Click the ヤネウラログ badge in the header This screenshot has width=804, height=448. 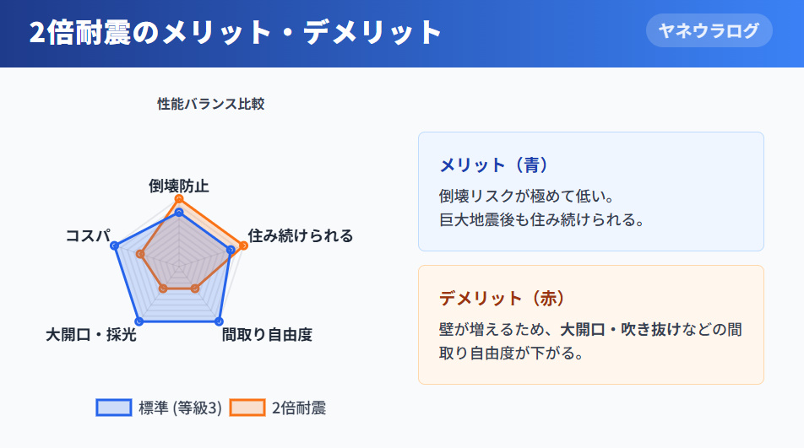709,31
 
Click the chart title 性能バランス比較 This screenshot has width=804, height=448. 210,104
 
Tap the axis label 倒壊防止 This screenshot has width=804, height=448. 178,186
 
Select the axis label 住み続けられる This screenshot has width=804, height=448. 300,235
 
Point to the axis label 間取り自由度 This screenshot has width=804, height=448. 267,335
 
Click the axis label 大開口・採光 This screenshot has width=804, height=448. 91,335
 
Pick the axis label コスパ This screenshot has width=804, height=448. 88,235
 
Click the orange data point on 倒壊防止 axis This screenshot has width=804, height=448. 178,198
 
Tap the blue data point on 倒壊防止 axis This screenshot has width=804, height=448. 178,213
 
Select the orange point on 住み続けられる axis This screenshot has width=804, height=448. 244,246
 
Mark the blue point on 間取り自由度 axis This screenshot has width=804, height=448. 219,321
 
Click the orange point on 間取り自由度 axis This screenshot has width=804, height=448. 195,289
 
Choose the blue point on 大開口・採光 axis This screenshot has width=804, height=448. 139,321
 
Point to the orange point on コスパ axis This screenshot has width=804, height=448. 140,254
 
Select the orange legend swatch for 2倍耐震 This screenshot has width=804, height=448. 246,408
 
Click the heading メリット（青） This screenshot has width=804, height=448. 495,165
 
